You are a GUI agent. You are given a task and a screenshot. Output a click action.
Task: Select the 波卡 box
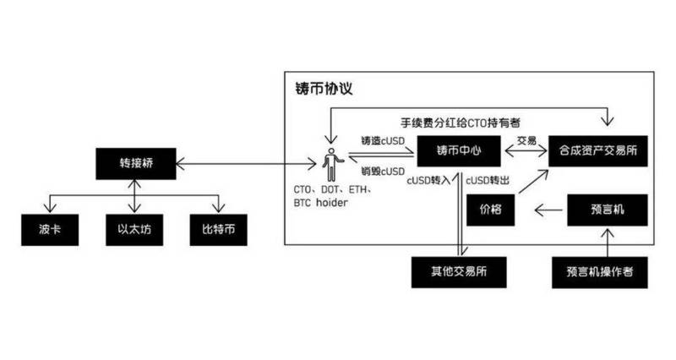49,228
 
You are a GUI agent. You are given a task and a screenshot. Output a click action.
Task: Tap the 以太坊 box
135,228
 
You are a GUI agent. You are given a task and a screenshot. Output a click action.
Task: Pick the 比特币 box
220,228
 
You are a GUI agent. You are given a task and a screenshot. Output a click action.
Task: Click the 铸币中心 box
459,152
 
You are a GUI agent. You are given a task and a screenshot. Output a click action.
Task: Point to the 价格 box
491,210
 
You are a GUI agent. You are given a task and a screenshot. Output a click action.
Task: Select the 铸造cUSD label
382,140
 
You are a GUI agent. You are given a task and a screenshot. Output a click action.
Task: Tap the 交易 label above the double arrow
526,140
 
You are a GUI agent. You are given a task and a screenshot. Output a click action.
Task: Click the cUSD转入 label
429,180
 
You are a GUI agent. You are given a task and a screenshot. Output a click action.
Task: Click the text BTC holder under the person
321,204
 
